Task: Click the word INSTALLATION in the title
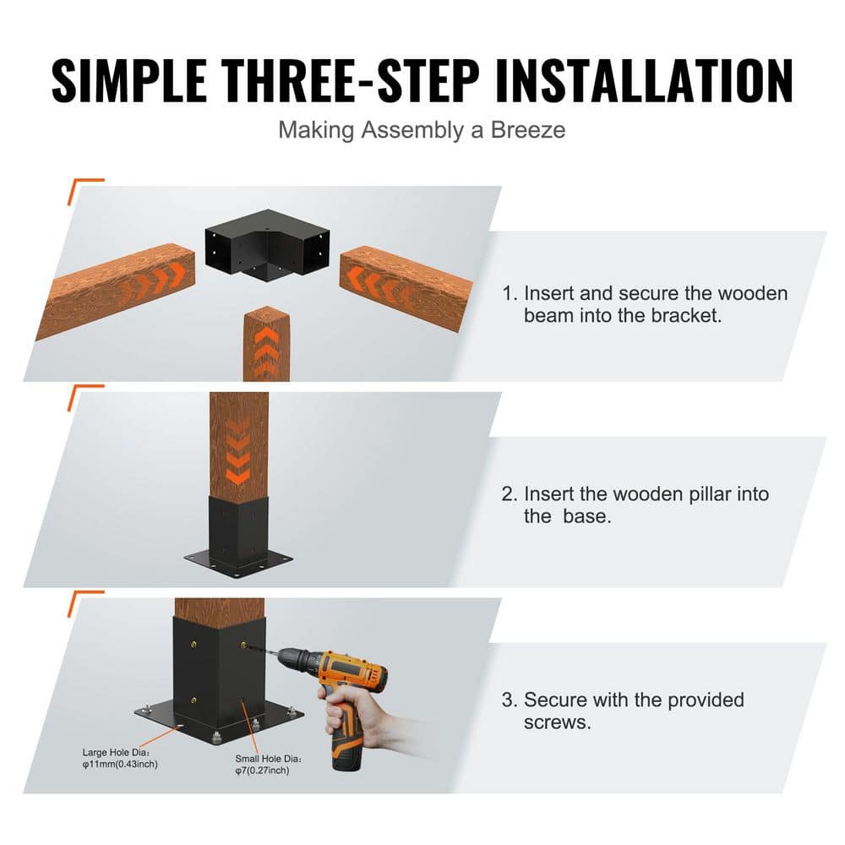click(x=645, y=81)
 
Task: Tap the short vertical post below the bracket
click(x=266, y=342)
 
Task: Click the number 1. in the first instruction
click(x=510, y=294)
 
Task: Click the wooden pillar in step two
click(x=239, y=444)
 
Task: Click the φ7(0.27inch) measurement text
click(x=262, y=771)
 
